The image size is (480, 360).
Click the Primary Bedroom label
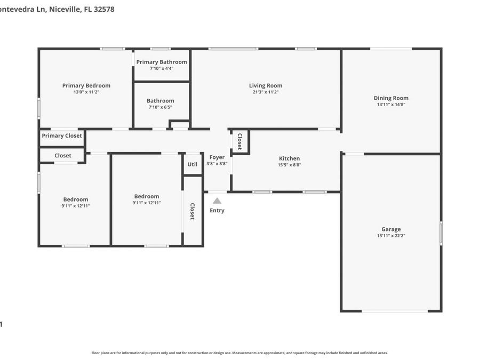point(86,85)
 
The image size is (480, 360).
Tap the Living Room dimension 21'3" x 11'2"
point(266,92)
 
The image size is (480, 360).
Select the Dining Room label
point(391,98)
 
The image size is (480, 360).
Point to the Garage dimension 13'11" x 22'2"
point(391,236)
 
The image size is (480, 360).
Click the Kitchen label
point(289,158)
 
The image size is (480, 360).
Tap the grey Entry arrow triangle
point(217,201)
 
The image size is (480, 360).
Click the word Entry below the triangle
point(217,211)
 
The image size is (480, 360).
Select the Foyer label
point(217,157)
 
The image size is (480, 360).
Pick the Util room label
point(193,164)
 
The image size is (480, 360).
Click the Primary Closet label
point(62,136)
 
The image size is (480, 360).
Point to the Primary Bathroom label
point(162,62)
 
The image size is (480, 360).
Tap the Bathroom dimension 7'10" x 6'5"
point(161,107)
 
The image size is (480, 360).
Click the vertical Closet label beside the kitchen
point(240,141)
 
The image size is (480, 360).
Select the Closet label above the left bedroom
point(63,156)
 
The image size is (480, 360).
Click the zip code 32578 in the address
point(103,9)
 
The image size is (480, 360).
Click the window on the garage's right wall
point(441,233)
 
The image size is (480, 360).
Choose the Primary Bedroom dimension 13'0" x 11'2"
point(86,92)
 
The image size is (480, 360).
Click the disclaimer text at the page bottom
point(239,353)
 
